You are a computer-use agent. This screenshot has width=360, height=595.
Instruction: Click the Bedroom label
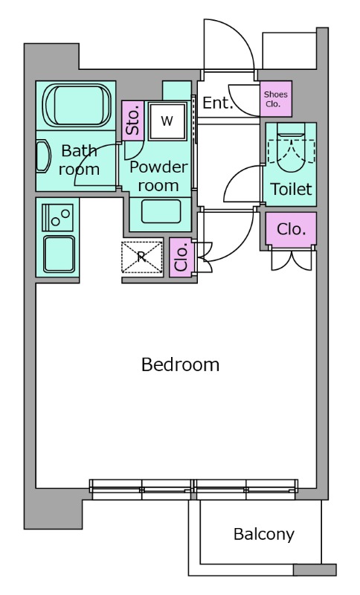pyautogui.click(x=180, y=364)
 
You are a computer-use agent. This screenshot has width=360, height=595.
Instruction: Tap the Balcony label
pyautogui.click(x=264, y=534)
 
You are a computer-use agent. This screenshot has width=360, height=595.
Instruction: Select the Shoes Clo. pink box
pyautogui.click(x=276, y=99)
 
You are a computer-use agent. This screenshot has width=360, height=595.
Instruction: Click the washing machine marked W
pyautogui.click(x=167, y=121)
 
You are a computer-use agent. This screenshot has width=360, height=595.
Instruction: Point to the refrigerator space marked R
pyautogui.click(x=142, y=257)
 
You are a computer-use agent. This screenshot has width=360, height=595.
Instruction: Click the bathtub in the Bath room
pyautogui.click(x=78, y=105)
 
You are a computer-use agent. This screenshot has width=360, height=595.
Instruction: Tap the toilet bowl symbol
pyautogui.click(x=291, y=152)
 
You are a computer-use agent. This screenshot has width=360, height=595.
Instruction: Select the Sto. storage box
pyautogui.click(x=133, y=120)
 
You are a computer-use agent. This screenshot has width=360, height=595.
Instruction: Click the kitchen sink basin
pyautogui.click(x=60, y=254)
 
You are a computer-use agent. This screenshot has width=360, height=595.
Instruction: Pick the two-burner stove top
pyautogui.click(x=58, y=217)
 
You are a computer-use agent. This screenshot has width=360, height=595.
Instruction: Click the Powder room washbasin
pyautogui.click(x=161, y=211)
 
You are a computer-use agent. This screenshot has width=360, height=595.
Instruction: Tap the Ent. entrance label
pyautogui.click(x=217, y=103)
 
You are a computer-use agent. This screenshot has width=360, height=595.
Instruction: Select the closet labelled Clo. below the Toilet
pyautogui.click(x=291, y=229)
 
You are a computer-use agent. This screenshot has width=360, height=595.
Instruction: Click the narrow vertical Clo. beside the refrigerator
pyautogui.click(x=181, y=257)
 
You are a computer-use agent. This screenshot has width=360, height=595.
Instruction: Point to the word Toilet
pyautogui.click(x=291, y=189)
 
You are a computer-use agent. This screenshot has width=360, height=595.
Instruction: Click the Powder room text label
pyautogui.click(x=159, y=176)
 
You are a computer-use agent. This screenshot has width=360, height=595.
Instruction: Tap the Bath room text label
pyautogui.click(x=80, y=160)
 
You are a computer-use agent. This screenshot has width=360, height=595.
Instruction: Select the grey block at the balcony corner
pyautogui.click(x=315, y=570)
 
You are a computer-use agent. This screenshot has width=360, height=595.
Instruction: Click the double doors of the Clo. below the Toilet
pyautogui.click(x=292, y=260)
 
